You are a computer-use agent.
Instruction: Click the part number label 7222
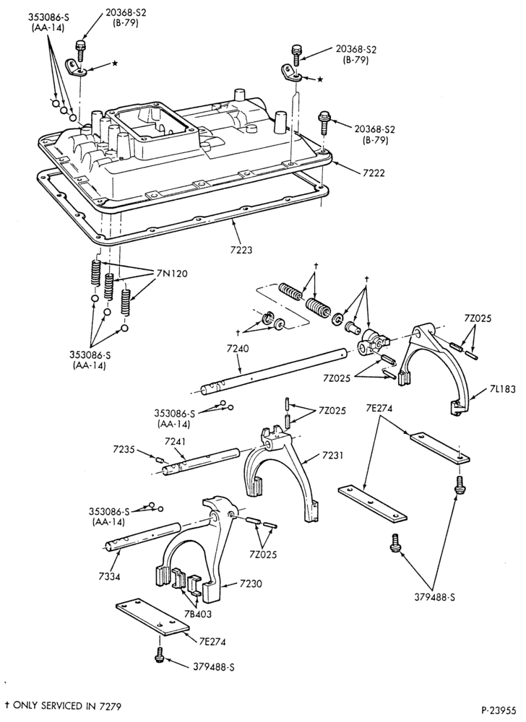[x=373, y=173]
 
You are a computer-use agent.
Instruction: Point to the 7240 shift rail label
[x=237, y=349]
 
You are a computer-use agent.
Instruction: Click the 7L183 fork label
[x=501, y=390]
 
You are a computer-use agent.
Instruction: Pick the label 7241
[x=176, y=442]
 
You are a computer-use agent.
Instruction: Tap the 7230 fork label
[x=251, y=584]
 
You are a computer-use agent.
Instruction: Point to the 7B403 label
[x=199, y=613]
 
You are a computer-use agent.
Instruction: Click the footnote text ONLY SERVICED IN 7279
[x=67, y=705]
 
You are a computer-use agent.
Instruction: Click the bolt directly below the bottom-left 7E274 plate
[x=160, y=655]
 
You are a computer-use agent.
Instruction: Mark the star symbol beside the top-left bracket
[x=114, y=63]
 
